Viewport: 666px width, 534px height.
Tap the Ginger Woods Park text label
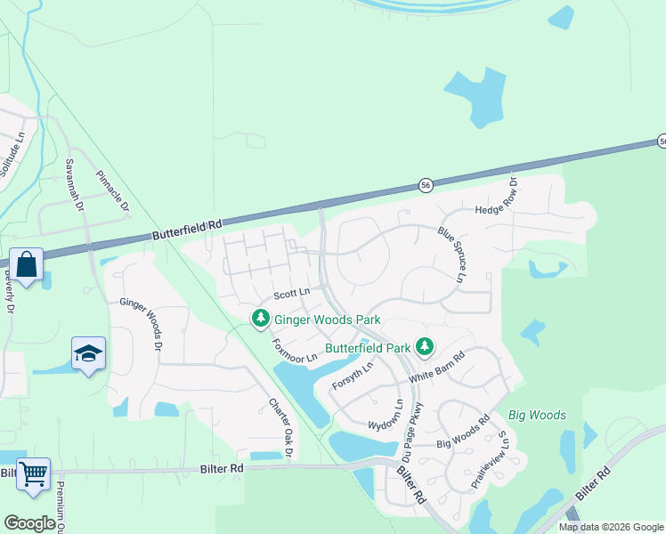(327, 320)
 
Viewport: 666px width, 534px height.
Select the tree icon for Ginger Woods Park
(260, 318)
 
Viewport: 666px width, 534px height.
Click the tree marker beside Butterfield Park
(426, 345)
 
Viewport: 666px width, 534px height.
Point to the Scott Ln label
(291, 293)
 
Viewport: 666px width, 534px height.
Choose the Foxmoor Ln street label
(294, 349)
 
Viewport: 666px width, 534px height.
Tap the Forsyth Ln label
(351, 373)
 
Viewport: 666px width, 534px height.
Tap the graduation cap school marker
(88, 354)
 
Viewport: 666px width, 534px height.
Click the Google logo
(29, 523)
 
